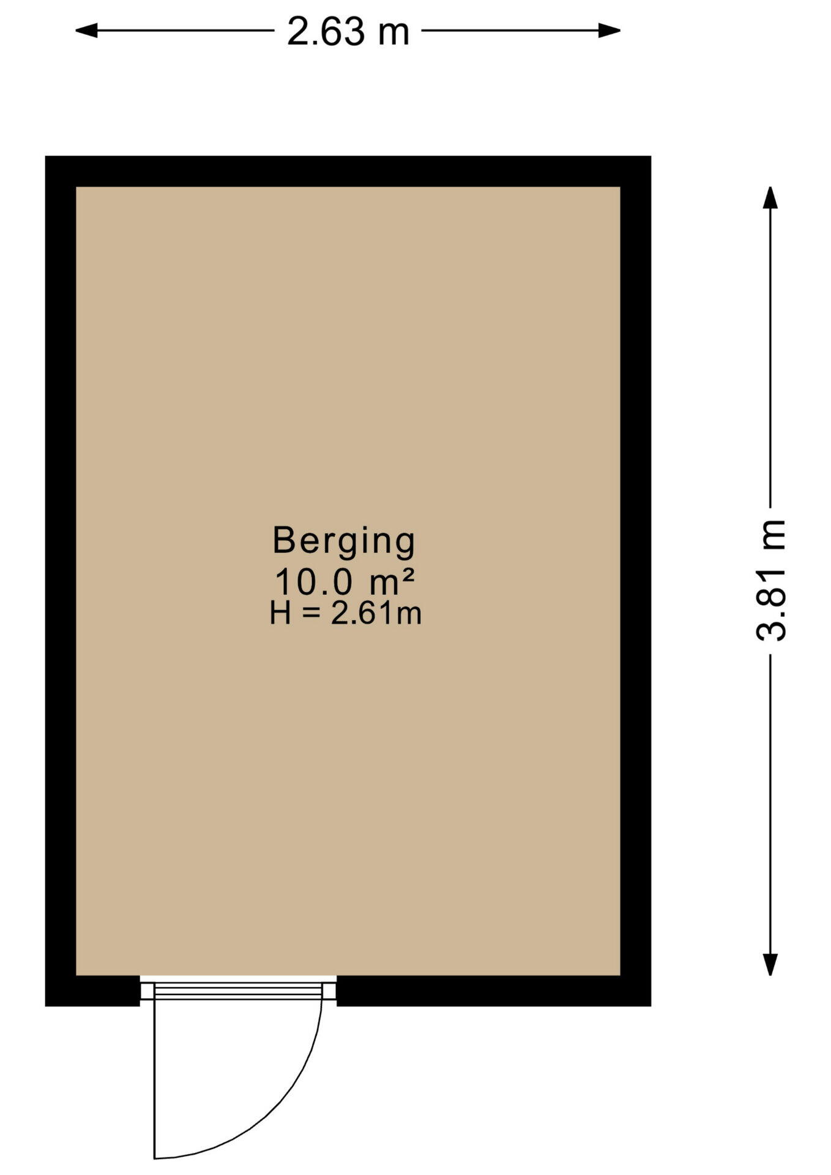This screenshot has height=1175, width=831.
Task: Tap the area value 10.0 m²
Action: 345,582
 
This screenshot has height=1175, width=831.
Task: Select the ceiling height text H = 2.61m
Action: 346,613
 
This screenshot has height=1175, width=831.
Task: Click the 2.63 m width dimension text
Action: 348,31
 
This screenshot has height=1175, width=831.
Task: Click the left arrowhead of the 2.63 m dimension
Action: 86,30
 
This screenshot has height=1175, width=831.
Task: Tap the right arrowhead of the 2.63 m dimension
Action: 609,30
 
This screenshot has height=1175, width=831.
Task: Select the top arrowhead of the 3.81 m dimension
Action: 770,198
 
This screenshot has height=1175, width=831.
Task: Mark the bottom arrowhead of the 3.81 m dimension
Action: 770,964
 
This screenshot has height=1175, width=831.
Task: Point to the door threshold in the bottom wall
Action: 238,990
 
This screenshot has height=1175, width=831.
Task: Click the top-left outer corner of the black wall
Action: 45,156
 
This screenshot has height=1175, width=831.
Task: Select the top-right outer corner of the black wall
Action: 651,156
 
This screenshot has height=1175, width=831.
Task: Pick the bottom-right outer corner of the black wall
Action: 651,1006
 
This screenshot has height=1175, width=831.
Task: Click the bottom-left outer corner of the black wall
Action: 45,1006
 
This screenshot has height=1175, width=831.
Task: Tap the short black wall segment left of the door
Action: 92,991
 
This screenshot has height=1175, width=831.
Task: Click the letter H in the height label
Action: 280,613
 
